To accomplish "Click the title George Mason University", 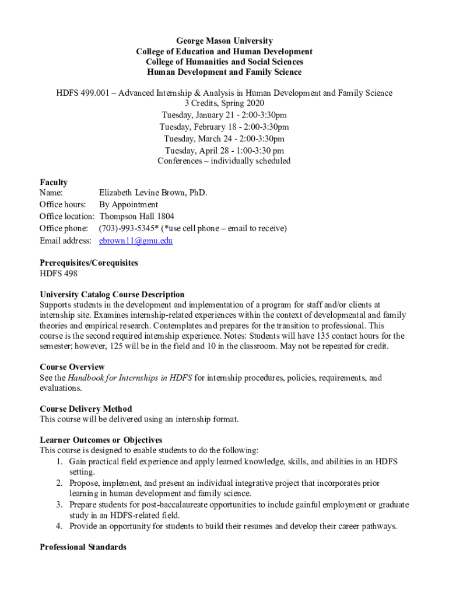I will point(224,41).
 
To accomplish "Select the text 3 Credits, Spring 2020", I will point(224,104).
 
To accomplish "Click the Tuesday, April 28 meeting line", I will point(224,150).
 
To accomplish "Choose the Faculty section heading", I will point(54,182).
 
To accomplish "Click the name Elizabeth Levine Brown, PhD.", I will point(153,193).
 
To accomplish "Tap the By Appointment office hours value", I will point(128,204).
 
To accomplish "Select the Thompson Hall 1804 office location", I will point(137,216).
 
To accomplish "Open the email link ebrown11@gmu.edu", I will point(136,241).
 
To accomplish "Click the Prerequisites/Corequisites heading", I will point(89,263).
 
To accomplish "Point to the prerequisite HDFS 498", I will point(58,273).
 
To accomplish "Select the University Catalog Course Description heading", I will point(112,294).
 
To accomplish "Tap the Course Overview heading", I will point(72,367).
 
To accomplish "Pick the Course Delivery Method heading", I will point(86,409).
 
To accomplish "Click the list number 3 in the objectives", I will point(59,505).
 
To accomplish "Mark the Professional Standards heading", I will point(83,547).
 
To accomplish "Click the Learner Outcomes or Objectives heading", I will point(101,440).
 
